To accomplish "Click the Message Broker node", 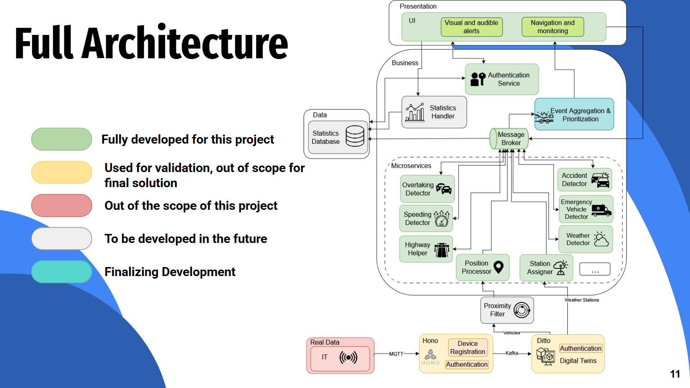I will pyautogui.click(x=509, y=139).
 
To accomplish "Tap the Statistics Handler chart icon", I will pyautogui.click(x=414, y=112).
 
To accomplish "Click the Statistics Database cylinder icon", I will pyautogui.click(x=355, y=136).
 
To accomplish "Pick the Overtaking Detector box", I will pyautogui.click(x=427, y=189).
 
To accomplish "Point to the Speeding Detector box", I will pyautogui.click(x=426, y=218).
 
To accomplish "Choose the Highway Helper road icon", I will pyautogui.click(x=442, y=249).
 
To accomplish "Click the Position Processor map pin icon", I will pyautogui.click(x=498, y=267).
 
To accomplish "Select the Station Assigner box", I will pyautogui.click(x=546, y=268).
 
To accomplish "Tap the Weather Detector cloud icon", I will pyautogui.click(x=601, y=239).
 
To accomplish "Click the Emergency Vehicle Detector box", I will pyautogui.click(x=586, y=209).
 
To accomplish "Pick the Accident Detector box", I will pyautogui.click(x=584, y=180).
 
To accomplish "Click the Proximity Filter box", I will pyautogui.click(x=507, y=310).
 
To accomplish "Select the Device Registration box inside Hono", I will pyautogui.click(x=468, y=348).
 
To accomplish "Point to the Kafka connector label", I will pyautogui.click(x=512, y=353).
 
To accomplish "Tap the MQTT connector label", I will pyautogui.click(x=396, y=354).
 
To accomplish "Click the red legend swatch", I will pyautogui.click(x=62, y=206).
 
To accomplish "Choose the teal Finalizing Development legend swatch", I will pyautogui.click(x=62, y=272).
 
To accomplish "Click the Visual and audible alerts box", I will pyautogui.click(x=471, y=27).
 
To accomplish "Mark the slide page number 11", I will pyautogui.click(x=675, y=374).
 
